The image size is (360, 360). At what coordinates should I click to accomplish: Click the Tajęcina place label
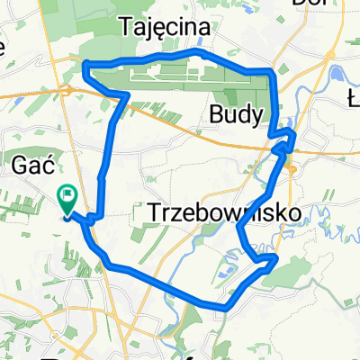pyautogui.click(x=165, y=28)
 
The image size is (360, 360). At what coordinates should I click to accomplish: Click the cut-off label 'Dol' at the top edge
pyautogui.click(x=310, y=4)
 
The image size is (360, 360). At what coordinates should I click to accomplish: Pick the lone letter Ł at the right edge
pyautogui.click(x=353, y=95)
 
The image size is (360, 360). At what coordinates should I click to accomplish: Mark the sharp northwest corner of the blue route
pyautogui.click(x=83, y=64)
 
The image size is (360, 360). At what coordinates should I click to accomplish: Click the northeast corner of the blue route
pyautogui.click(x=271, y=70)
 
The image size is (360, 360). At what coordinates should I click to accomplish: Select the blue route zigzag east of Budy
pyautogui.click(x=285, y=139)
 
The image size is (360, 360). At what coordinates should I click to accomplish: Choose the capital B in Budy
pyautogui.click(x=215, y=114)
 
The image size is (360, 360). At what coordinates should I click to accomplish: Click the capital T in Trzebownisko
pyautogui.click(x=149, y=212)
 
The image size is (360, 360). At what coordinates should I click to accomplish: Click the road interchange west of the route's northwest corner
pyautogui.click(x=67, y=89)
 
